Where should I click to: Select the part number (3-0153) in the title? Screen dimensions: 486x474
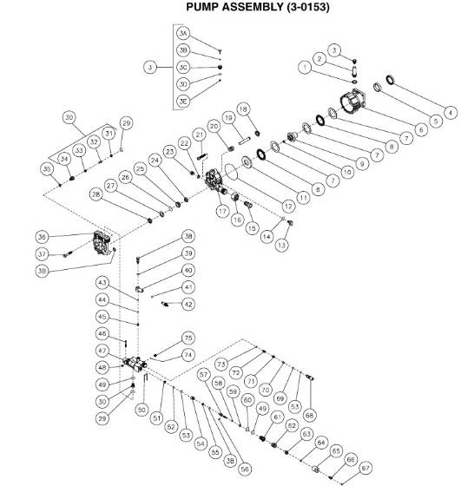(299, 8)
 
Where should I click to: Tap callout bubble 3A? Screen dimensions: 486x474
(182, 32)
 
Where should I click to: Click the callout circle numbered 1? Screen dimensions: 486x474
(305, 66)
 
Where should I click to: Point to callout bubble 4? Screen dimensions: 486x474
(451, 111)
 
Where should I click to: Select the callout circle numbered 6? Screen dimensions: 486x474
(421, 130)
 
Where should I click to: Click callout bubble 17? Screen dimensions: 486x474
(222, 211)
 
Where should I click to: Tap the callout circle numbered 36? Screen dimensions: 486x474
(42, 236)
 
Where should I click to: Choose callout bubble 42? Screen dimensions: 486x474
(188, 304)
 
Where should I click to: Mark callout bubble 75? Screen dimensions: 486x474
(188, 338)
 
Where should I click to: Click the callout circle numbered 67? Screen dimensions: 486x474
(366, 466)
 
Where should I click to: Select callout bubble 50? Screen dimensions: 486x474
(142, 408)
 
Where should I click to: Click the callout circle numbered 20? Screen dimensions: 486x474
(214, 128)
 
